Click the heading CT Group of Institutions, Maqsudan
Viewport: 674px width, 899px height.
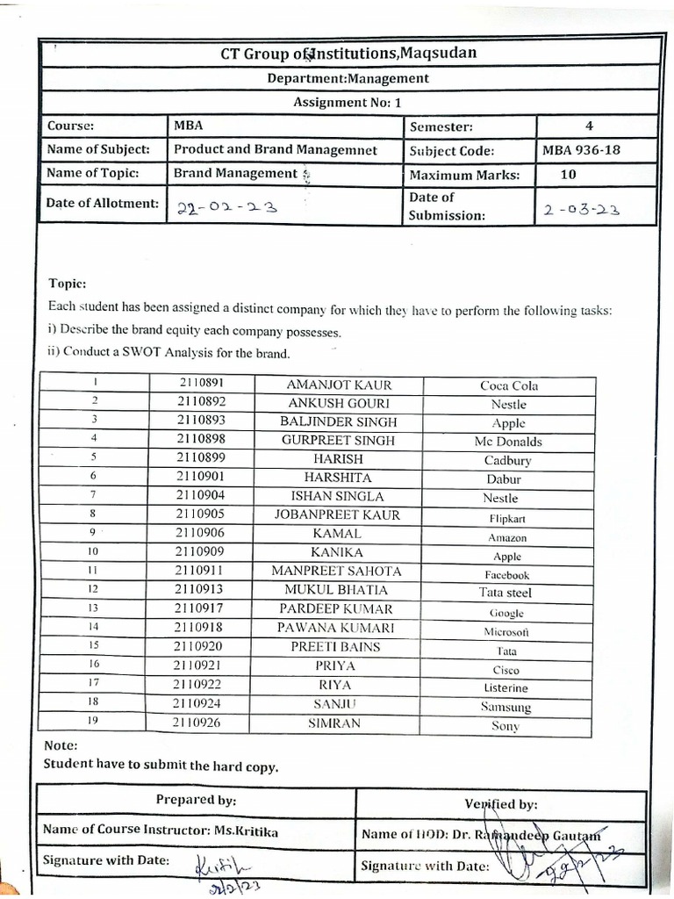click(x=348, y=54)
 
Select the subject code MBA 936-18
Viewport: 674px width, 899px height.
click(x=581, y=150)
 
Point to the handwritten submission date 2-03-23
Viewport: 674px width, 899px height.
click(x=581, y=210)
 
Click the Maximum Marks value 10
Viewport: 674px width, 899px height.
click(x=568, y=174)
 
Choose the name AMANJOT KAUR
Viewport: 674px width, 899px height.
click(x=339, y=385)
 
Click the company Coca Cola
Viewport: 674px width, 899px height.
click(x=509, y=385)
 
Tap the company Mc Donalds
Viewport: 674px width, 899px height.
click(x=508, y=442)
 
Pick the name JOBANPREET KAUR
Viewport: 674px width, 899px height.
click(x=338, y=515)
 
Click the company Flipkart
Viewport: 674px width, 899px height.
click(x=508, y=518)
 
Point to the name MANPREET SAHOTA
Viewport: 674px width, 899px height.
click(x=337, y=572)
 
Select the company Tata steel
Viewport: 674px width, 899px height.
click(x=505, y=593)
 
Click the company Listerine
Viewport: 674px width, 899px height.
click(x=506, y=688)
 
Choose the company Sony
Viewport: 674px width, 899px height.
click(x=505, y=726)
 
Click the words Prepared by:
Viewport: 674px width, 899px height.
click(x=196, y=800)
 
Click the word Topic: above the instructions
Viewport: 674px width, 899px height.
click(x=67, y=284)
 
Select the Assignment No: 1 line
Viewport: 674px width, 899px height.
click(x=348, y=102)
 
